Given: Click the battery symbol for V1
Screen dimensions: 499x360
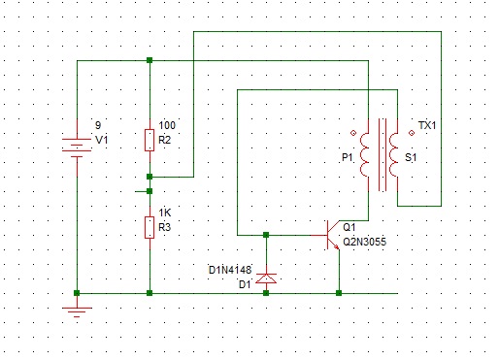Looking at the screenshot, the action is (77, 147).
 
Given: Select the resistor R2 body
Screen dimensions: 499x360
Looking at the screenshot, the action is (150, 140).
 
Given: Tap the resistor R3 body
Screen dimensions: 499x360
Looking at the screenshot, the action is (150, 227).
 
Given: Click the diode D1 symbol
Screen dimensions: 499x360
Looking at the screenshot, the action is (266, 278).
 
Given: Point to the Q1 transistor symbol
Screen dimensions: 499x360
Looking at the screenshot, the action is (332, 235).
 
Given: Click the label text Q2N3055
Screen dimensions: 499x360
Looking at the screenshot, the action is (364, 242).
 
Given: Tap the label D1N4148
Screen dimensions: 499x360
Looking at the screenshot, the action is (230, 270).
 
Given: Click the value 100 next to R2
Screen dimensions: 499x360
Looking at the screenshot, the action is (167, 125).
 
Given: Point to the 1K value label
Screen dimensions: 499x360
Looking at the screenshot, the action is (165, 213).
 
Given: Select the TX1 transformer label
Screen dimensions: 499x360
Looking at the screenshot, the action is (427, 125).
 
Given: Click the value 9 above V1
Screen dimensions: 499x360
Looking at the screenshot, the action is (98, 125).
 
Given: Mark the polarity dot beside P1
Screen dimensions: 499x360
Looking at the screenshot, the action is (353, 133).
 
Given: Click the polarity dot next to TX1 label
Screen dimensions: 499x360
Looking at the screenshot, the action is (412, 133).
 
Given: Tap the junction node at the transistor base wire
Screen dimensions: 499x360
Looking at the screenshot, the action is (266, 235).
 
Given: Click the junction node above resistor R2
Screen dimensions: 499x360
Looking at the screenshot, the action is (150, 60).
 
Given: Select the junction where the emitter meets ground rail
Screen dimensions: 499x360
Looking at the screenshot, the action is (339, 293).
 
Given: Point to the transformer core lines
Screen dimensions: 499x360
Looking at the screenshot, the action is (383, 154).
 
